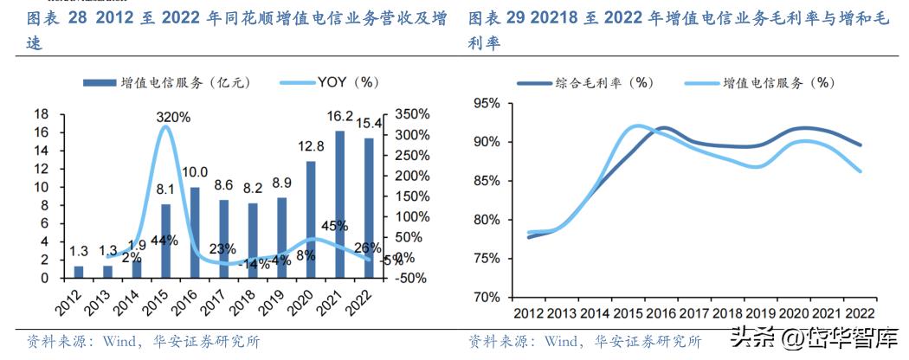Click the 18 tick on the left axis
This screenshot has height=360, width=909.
pyautogui.click(x=40, y=114)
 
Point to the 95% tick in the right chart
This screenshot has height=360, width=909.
pyautogui.click(x=485, y=103)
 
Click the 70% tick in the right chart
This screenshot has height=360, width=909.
pyautogui.click(x=485, y=297)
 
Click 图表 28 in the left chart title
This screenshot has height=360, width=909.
pyautogui.click(x=52, y=17)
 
